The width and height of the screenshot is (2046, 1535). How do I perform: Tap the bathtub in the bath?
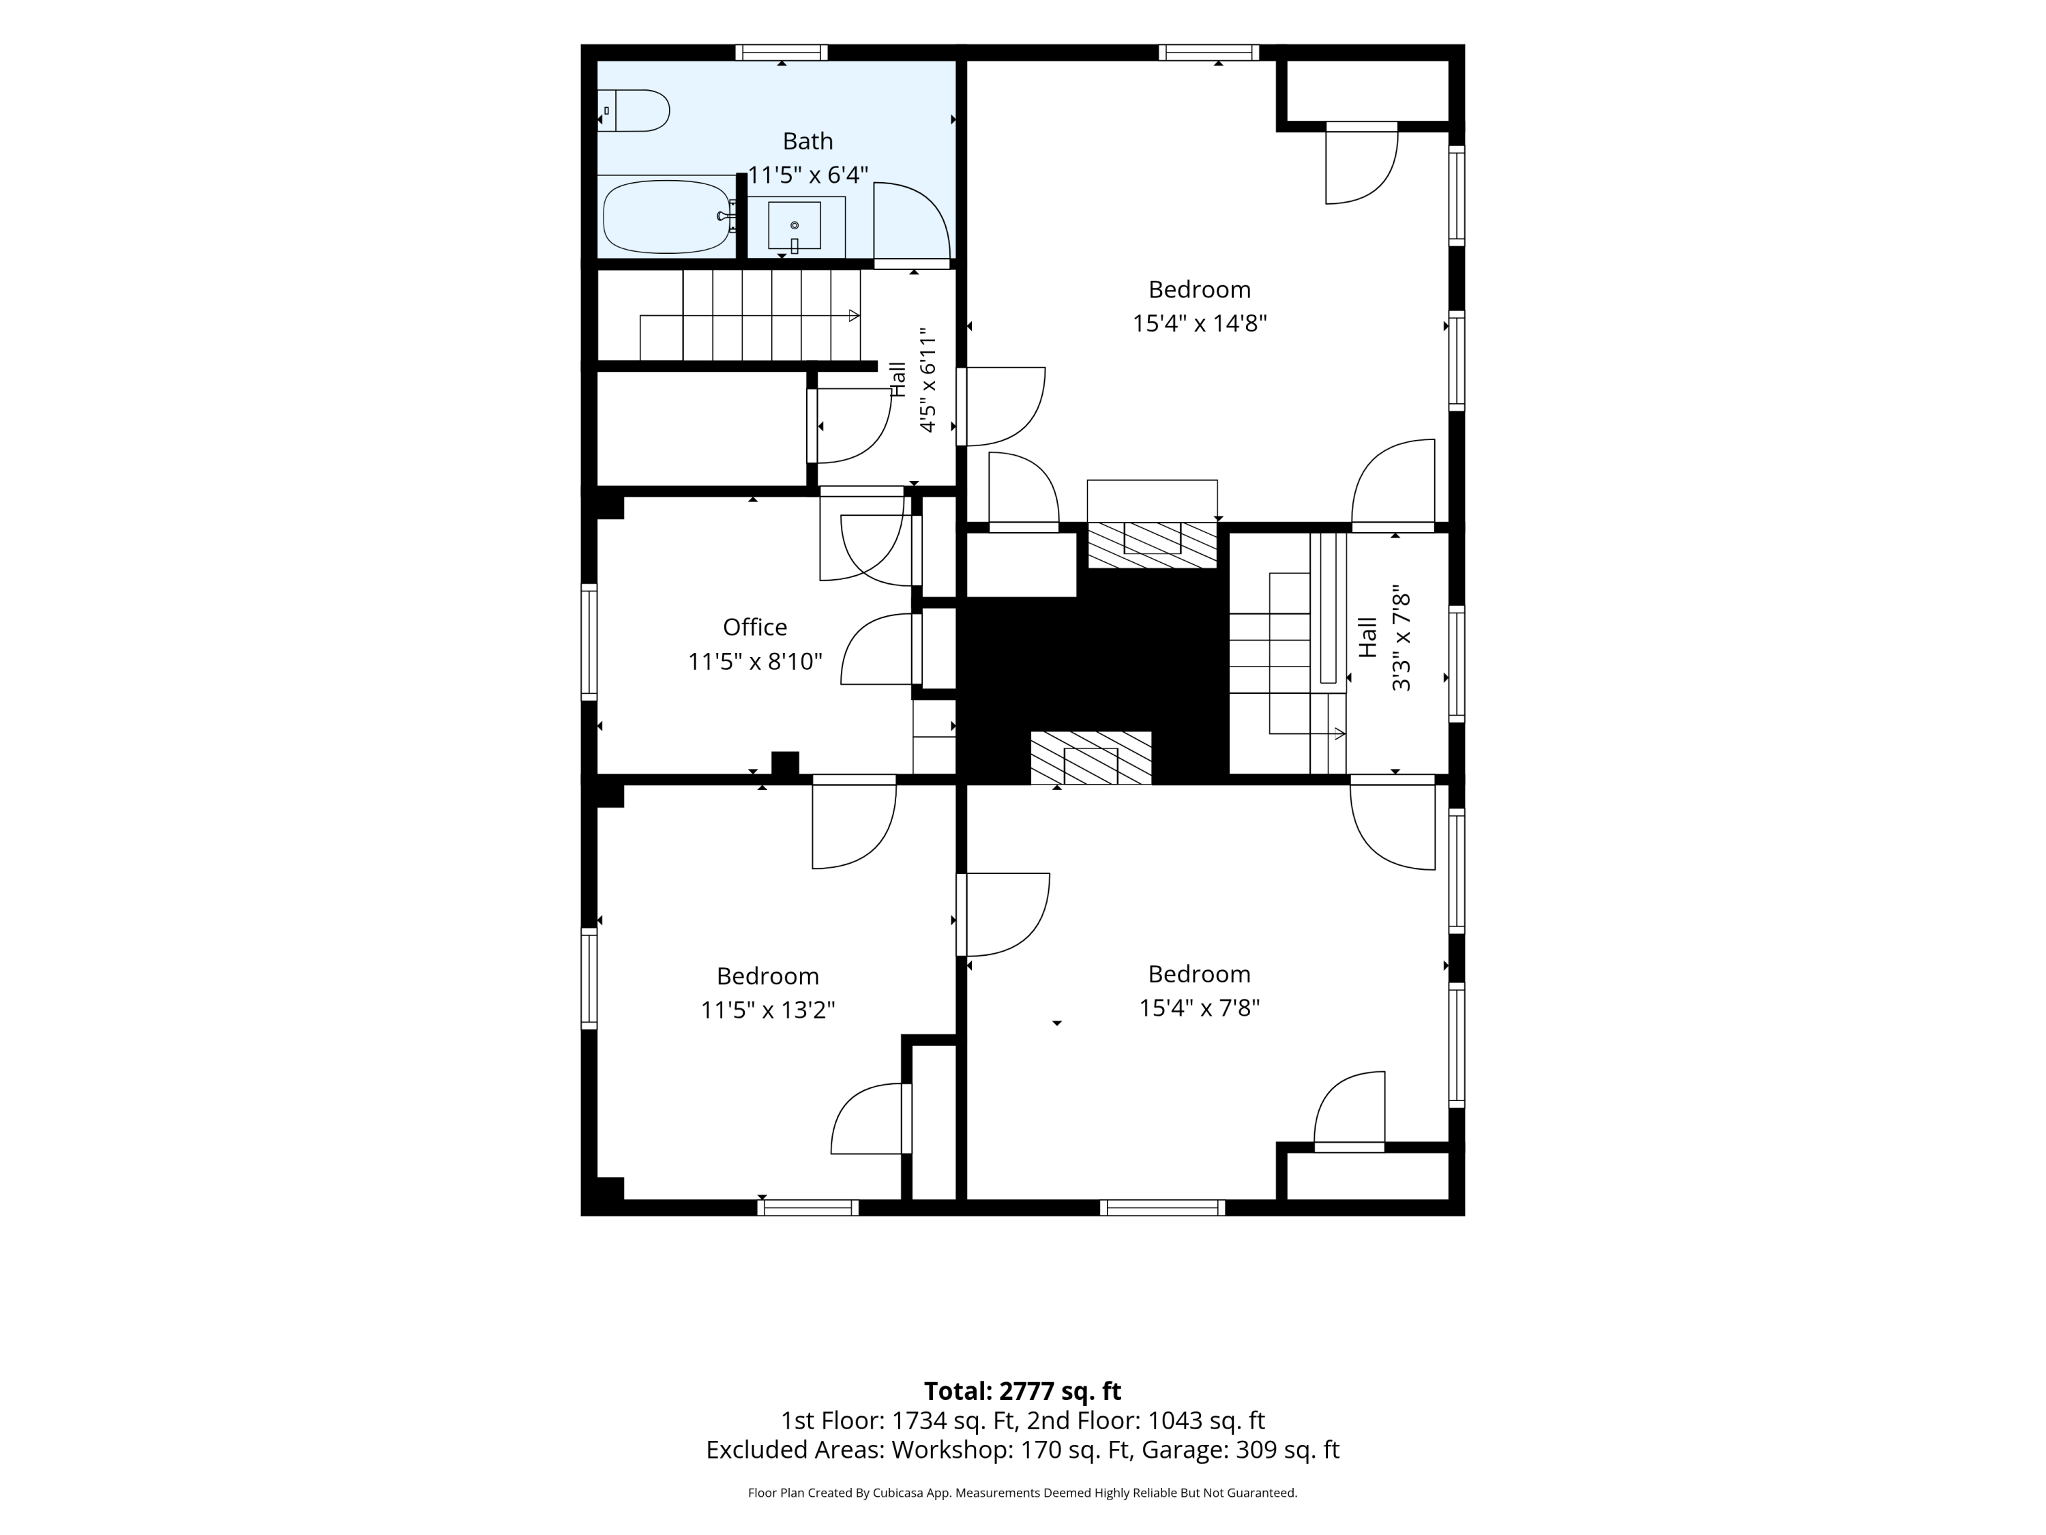click(668, 216)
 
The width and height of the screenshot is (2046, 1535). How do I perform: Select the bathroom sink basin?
click(795, 225)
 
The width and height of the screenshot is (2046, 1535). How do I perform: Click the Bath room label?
click(807, 142)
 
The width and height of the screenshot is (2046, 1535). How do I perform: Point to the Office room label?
click(755, 628)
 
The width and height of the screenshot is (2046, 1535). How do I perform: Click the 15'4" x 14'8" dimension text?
click(1200, 323)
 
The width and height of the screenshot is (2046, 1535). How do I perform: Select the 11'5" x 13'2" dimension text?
click(768, 1010)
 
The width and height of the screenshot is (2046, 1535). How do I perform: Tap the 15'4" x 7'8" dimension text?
click(1200, 1008)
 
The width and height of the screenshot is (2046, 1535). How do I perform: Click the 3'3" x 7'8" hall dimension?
click(1402, 637)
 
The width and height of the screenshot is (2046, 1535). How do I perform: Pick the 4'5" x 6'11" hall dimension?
click(928, 379)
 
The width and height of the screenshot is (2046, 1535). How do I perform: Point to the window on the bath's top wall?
click(782, 53)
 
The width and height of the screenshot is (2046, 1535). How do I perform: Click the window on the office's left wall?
click(589, 641)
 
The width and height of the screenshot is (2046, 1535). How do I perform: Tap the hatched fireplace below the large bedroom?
click(1152, 545)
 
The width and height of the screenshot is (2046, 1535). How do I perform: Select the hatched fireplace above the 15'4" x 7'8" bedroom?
click(1091, 757)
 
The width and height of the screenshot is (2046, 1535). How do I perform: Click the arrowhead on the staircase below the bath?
click(855, 315)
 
